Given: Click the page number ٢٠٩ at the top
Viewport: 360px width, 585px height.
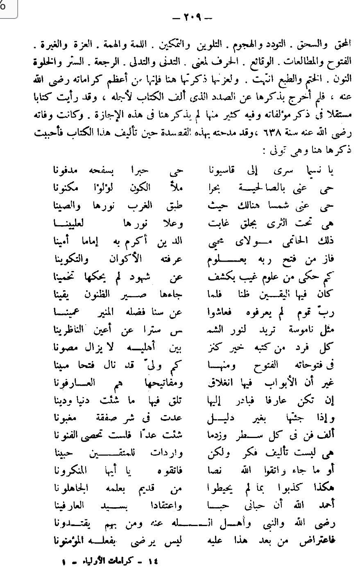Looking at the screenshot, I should tap(191, 18).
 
